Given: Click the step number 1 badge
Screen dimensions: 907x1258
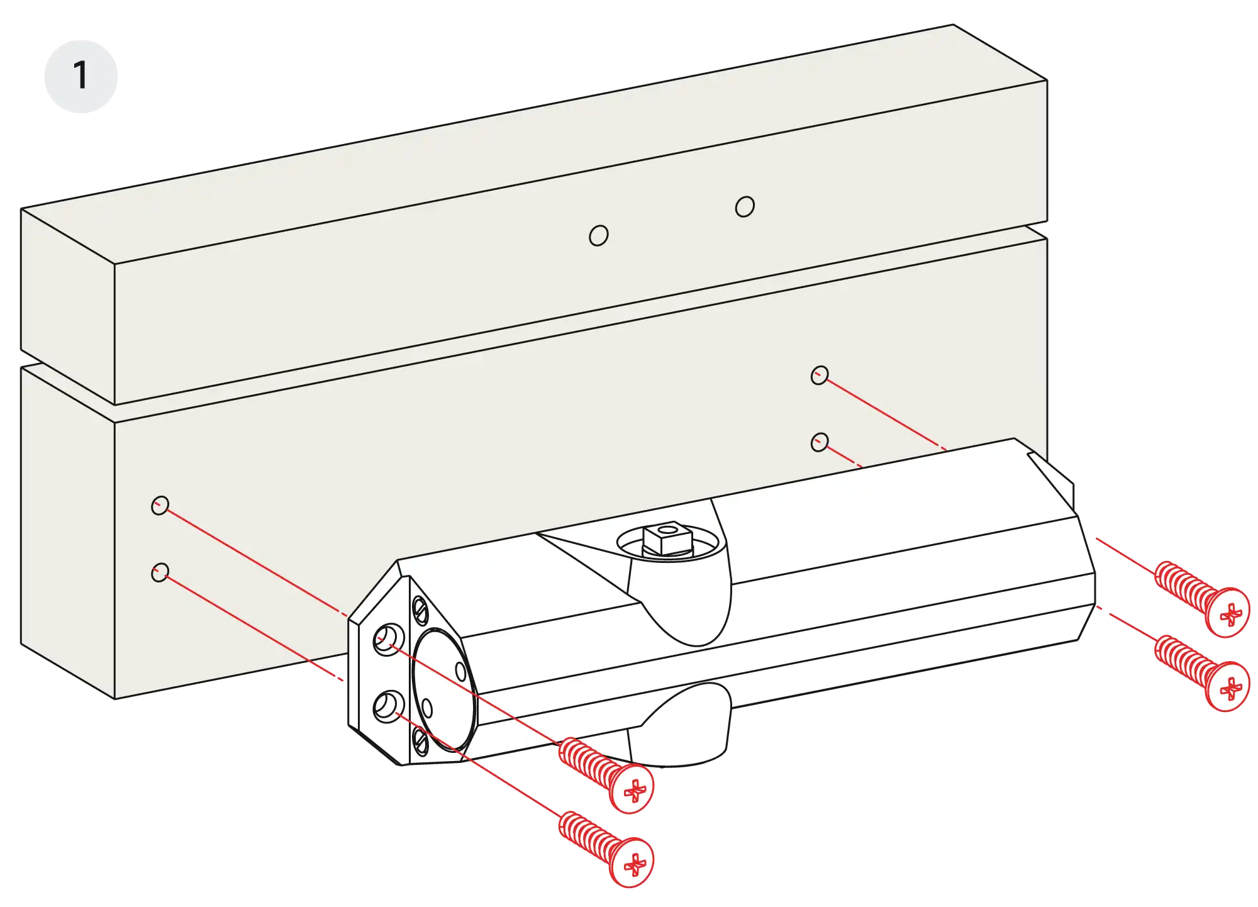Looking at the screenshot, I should [81, 77].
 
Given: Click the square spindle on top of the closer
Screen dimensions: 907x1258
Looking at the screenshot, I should [668, 540].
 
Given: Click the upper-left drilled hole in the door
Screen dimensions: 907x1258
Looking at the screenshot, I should [160, 505].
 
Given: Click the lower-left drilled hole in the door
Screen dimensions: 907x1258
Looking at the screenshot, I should [160, 572].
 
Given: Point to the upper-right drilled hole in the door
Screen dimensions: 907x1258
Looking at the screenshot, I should [819, 376].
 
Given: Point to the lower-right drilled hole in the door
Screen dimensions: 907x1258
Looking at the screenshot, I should [819, 442].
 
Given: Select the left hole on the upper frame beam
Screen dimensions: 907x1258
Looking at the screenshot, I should [598, 236].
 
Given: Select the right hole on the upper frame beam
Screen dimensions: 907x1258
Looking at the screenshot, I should [745, 206].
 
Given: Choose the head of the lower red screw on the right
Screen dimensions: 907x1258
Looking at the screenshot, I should [1228, 687].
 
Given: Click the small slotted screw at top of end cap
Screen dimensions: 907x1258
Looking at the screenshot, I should [420, 608].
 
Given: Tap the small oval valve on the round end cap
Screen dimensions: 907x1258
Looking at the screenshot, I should [460, 671].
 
